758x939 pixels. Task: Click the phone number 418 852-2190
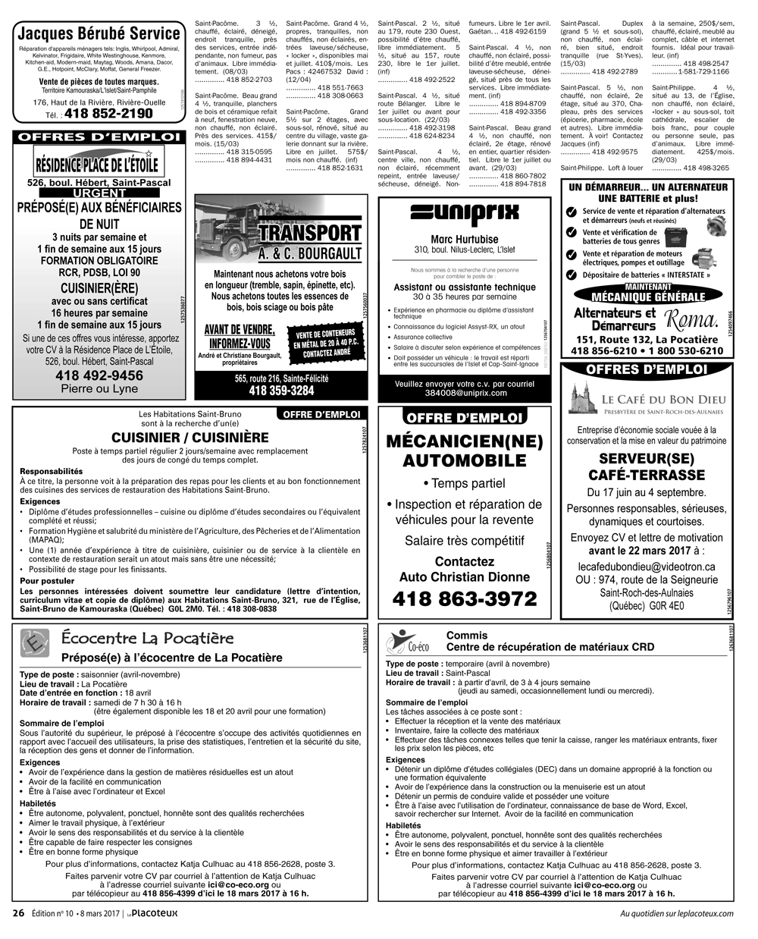pyautogui.click(x=108, y=114)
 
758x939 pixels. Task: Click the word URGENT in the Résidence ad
pyautogui.click(x=99, y=193)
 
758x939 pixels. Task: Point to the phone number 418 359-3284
pyautogui.click(x=281, y=391)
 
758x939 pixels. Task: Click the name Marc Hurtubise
pyautogui.click(x=465, y=239)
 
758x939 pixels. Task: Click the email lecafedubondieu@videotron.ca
pyautogui.click(x=647, y=567)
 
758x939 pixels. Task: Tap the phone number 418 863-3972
pyautogui.click(x=464, y=599)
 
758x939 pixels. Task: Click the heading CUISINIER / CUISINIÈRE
pyautogui.click(x=189, y=438)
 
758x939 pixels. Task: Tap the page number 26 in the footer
pyautogui.click(x=19, y=913)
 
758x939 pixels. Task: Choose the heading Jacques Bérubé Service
pyautogui.click(x=99, y=33)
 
